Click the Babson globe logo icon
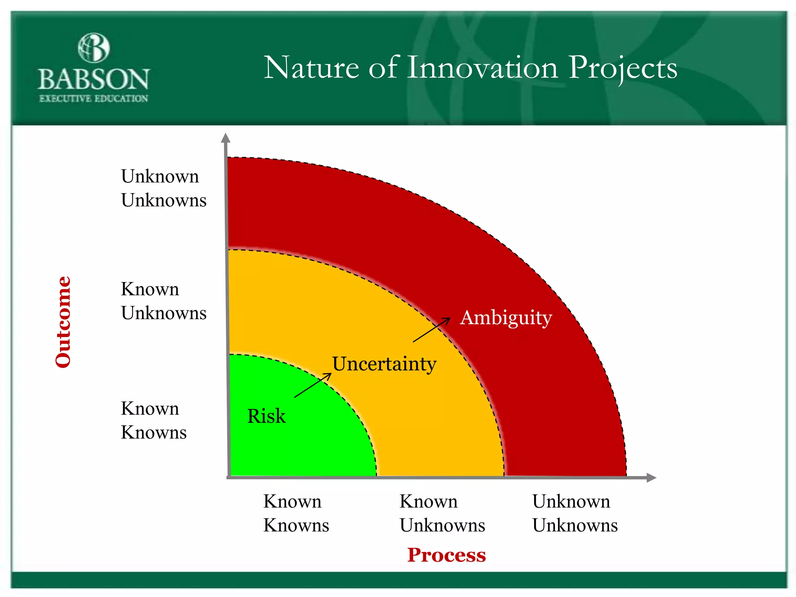(x=94, y=48)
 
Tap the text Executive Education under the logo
(x=94, y=99)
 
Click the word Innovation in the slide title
(x=482, y=68)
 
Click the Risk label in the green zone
(x=266, y=416)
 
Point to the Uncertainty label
(x=384, y=364)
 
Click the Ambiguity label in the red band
(x=506, y=318)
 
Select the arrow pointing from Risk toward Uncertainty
(x=313, y=385)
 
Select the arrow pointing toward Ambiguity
(x=431, y=330)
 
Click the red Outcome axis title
(x=63, y=322)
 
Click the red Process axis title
(x=447, y=555)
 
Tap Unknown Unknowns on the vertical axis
(x=163, y=188)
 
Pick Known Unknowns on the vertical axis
(x=163, y=301)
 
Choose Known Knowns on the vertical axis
(x=154, y=420)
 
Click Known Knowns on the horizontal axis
(x=296, y=513)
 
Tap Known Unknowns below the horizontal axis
(x=442, y=513)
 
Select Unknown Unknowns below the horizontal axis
(x=574, y=513)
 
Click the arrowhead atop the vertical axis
(x=225, y=138)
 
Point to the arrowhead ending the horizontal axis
(x=651, y=478)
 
